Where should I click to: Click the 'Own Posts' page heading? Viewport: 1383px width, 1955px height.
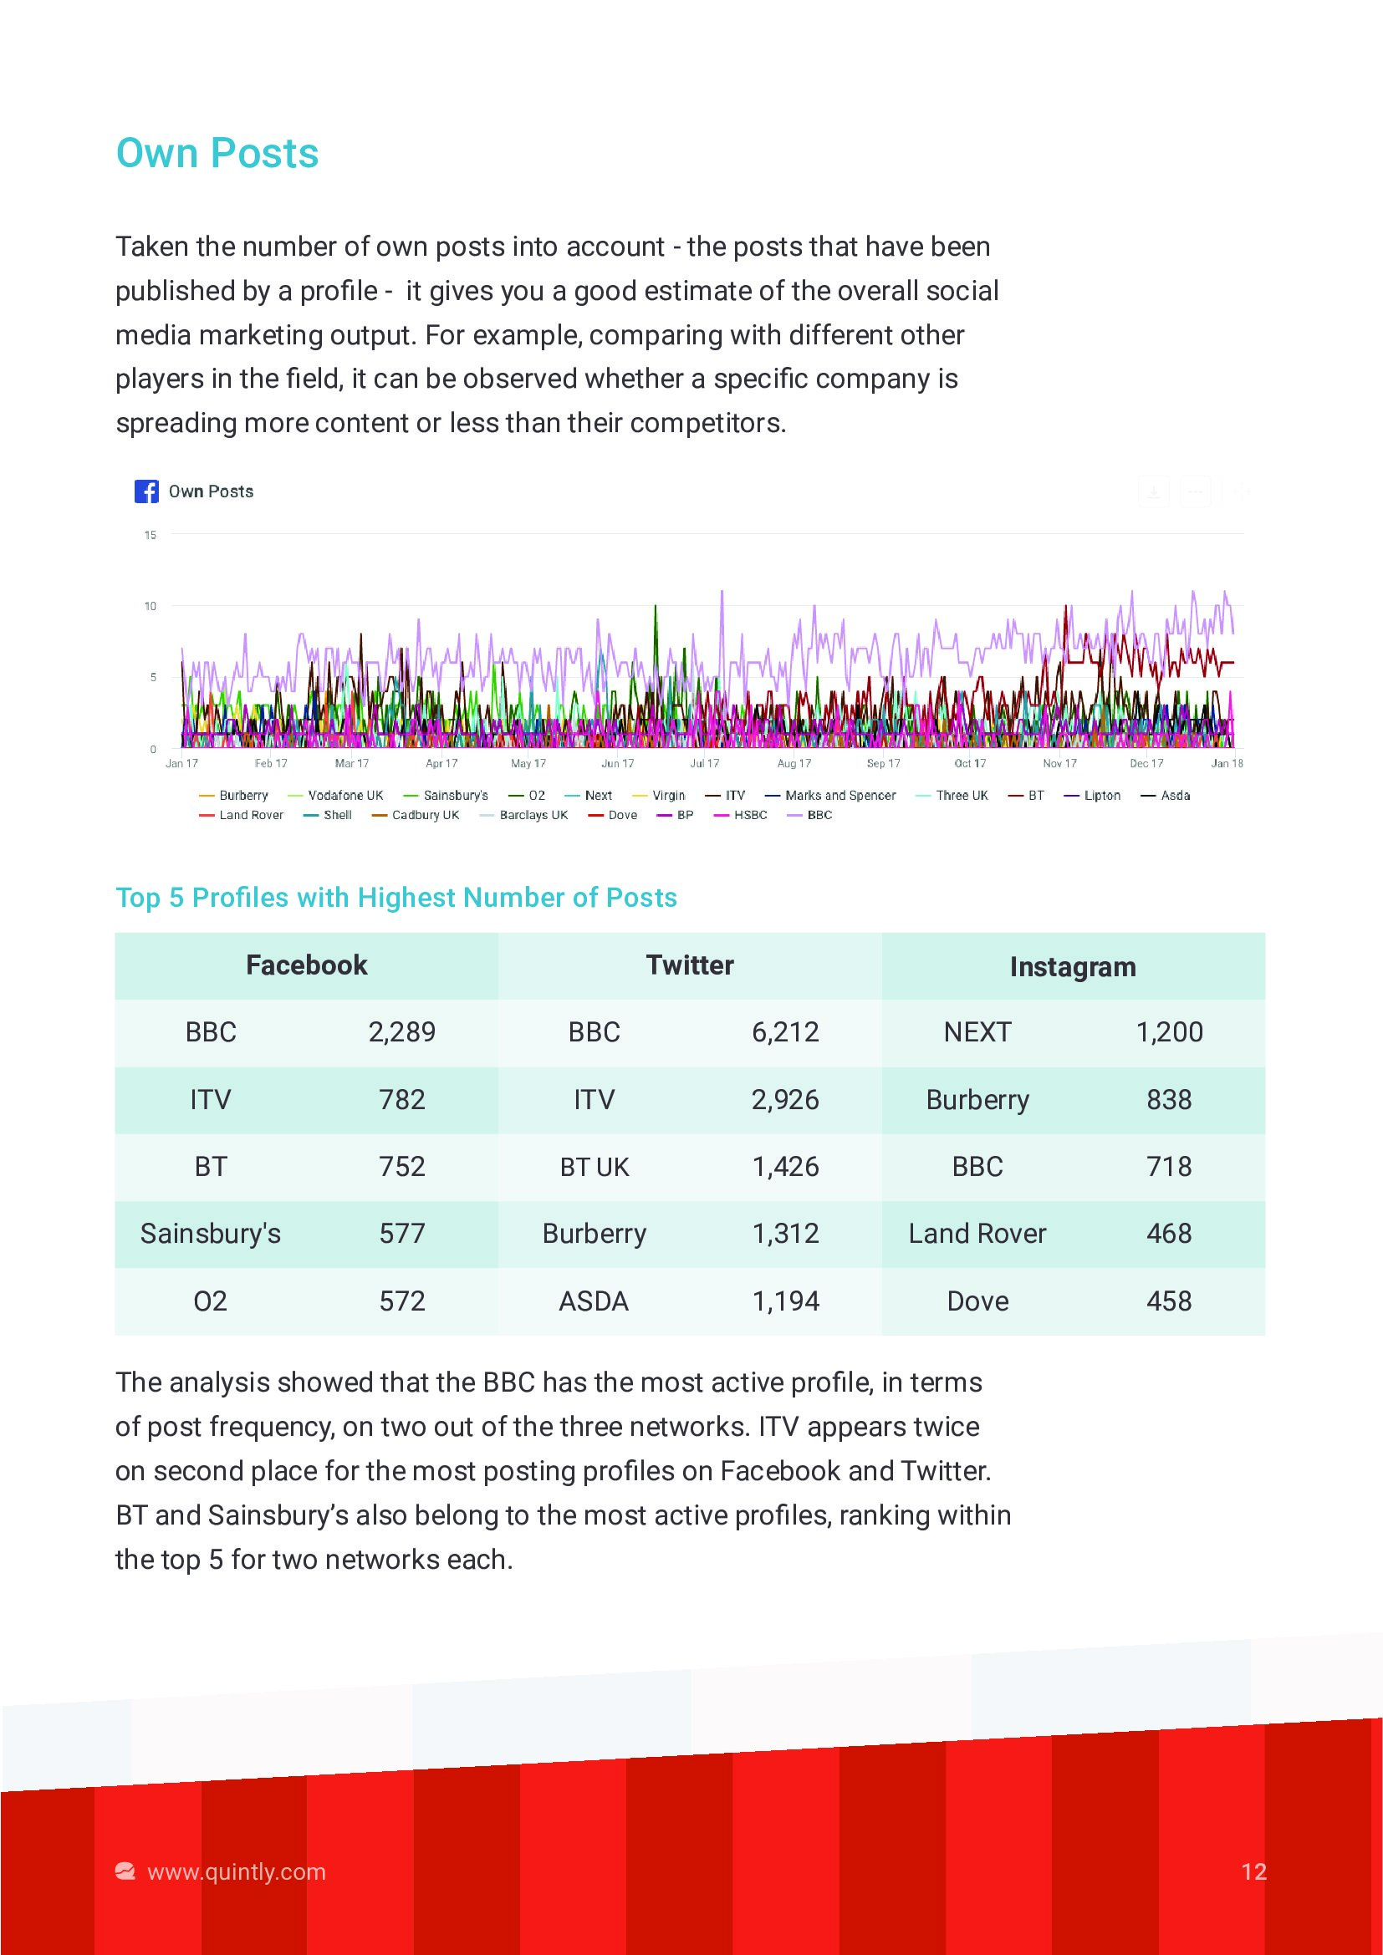pos(217,153)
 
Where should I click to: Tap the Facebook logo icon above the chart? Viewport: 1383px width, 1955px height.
pos(146,491)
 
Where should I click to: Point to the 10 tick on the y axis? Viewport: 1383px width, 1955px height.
pos(151,606)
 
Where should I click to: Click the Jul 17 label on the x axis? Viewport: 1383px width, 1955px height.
pos(704,764)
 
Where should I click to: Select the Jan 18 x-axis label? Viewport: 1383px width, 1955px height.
pos(1227,764)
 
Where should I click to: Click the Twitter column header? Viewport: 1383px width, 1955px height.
pos(690,965)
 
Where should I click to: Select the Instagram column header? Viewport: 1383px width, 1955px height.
pos(1072,966)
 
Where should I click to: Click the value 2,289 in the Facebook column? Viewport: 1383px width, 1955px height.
pos(402,1032)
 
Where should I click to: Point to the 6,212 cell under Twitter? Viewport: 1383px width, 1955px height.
pos(785,1032)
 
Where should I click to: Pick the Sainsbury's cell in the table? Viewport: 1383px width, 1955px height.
pos(211,1234)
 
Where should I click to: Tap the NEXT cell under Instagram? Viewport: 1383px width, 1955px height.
pos(977,1032)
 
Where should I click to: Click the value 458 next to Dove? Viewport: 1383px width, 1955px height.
pos(1168,1301)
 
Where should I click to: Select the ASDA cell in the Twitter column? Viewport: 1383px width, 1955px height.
pos(594,1301)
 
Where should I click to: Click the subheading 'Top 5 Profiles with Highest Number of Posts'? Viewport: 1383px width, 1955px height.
pos(396,898)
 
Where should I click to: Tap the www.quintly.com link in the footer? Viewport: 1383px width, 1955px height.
pos(236,1871)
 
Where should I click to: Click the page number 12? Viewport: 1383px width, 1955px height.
pos(1253,1871)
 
